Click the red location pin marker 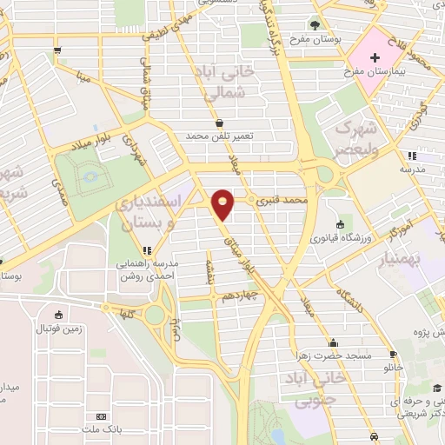tap(224, 204)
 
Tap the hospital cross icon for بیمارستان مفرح tap(375, 59)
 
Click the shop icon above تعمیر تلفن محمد tap(218, 123)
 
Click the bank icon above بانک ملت tap(102, 417)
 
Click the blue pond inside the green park tap(90, 181)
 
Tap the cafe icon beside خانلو tap(393, 354)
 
